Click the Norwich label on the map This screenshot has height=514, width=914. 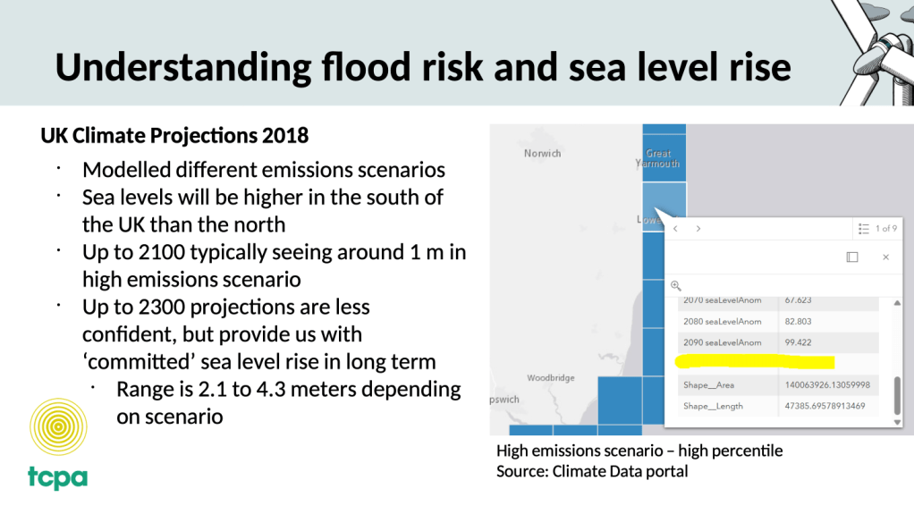click(542, 154)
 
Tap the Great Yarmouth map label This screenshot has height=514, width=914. click(657, 159)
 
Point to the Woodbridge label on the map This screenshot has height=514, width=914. click(550, 378)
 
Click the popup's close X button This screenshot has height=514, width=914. click(885, 257)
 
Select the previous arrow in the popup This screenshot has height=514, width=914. click(676, 229)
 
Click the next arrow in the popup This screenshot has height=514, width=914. click(698, 229)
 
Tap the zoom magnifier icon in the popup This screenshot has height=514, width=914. click(676, 285)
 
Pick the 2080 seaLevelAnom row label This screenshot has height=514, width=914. click(722, 322)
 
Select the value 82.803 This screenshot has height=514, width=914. click(798, 322)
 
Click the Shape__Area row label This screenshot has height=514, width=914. click(708, 384)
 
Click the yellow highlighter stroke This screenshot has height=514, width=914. click(756, 362)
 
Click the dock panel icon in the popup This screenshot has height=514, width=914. click(852, 257)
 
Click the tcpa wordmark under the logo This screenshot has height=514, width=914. click(57, 476)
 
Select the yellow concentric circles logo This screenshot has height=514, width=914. click(58, 426)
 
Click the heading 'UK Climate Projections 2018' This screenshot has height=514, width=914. click(174, 136)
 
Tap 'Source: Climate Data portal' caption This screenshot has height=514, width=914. click(592, 471)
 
